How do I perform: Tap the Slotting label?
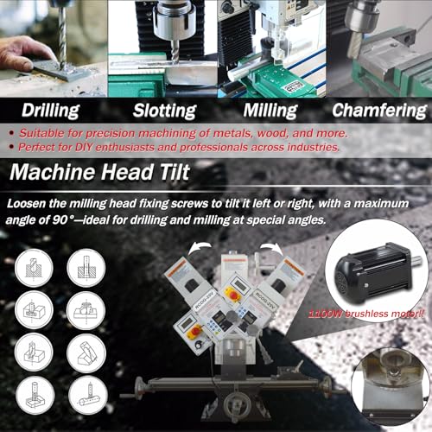click(x=163, y=110)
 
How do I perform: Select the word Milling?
click(x=270, y=110)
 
